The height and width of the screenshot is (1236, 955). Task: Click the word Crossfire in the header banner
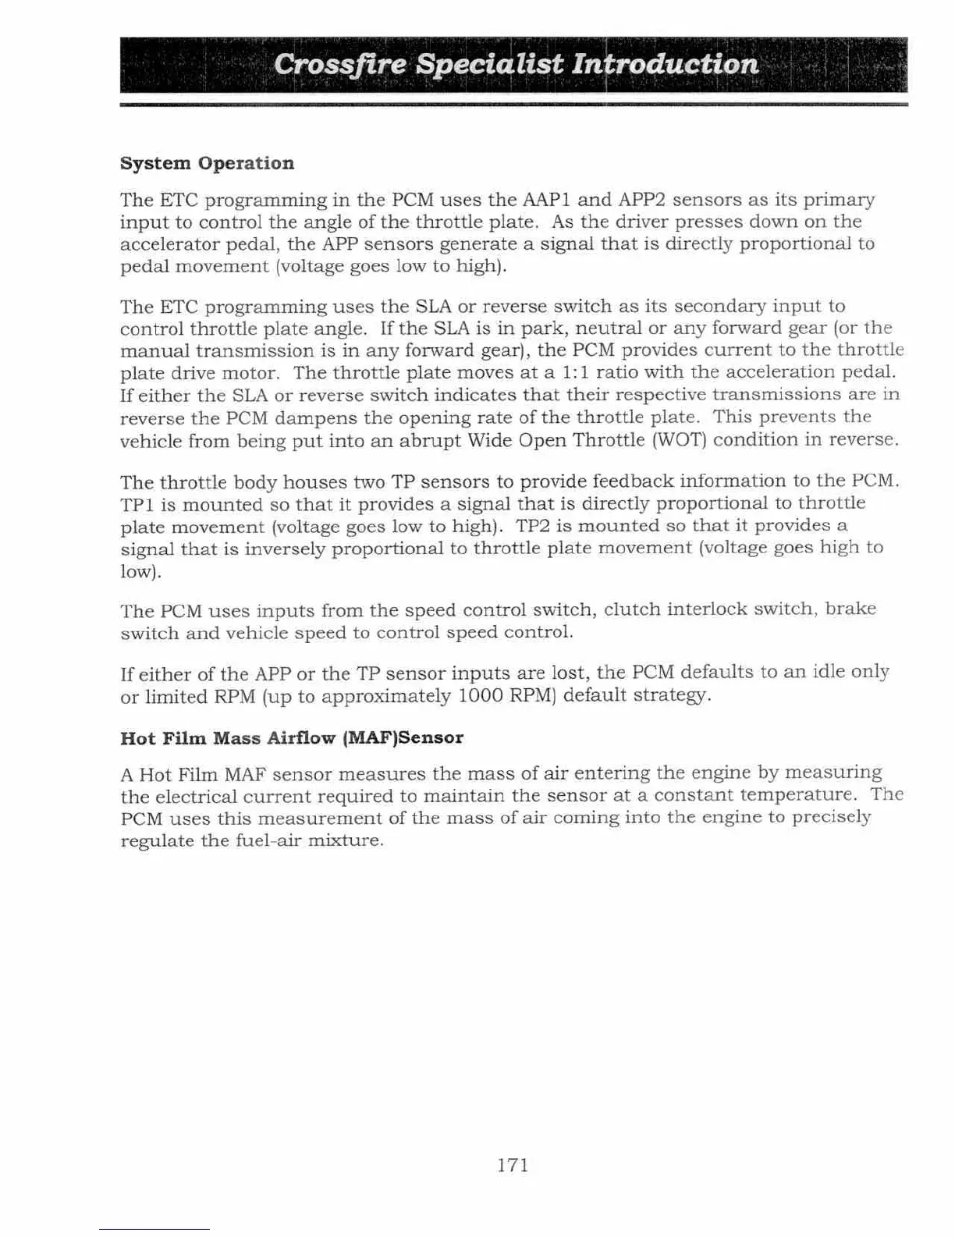tap(341, 64)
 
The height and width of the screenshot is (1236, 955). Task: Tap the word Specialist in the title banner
tap(489, 64)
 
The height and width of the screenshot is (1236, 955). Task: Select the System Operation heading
tap(208, 163)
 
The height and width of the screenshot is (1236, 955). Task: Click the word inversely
tap(285, 549)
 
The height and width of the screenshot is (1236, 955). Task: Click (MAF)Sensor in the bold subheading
tap(403, 738)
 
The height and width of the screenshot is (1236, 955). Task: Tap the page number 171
tap(513, 1165)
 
